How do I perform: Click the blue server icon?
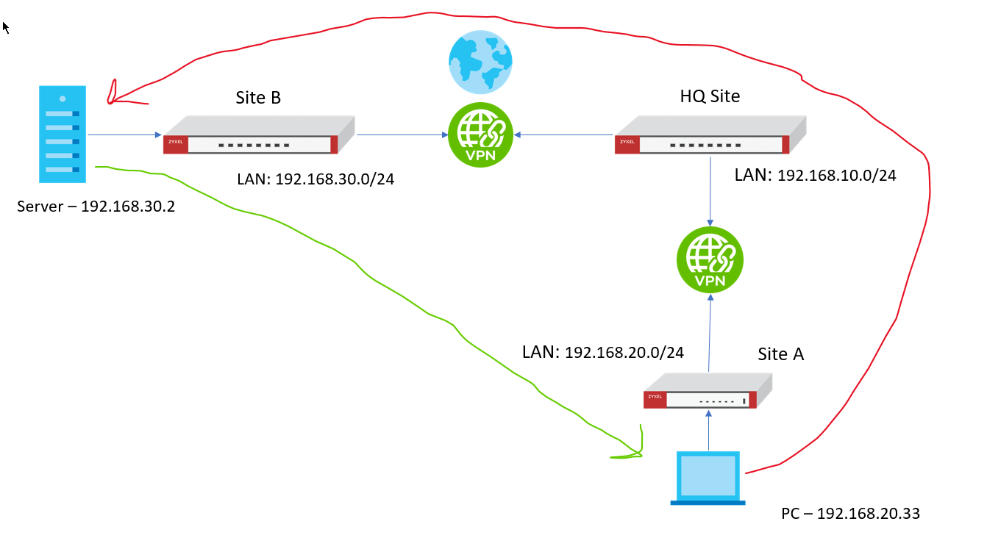pyautogui.click(x=63, y=134)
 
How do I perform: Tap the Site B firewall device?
pyautogui.click(x=258, y=135)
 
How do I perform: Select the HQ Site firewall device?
pyautogui.click(x=710, y=135)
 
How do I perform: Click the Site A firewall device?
pyautogui.click(x=707, y=391)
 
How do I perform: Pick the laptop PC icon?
pyautogui.click(x=708, y=478)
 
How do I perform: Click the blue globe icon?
pyautogui.click(x=480, y=62)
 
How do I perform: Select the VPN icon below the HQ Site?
pyautogui.click(x=710, y=259)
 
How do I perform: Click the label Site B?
pyautogui.click(x=258, y=98)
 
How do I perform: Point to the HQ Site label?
pyautogui.click(x=710, y=96)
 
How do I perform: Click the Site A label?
pyautogui.click(x=781, y=354)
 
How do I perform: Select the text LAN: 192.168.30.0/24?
pyautogui.click(x=316, y=179)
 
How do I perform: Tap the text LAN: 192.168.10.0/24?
pyautogui.click(x=816, y=175)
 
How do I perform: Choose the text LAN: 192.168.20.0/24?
pyautogui.click(x=603, y=352)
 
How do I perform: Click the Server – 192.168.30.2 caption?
pyautogui.click(x=96, y=207)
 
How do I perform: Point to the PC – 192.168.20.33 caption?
pyautogui.click(x=850, y=513)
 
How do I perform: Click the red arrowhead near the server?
pyautogui.click(x=113, y=93)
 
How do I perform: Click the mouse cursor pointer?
pyautogui.click(x=6, y=28)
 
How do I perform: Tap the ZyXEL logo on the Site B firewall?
pyautogui.click(x=176, y=143)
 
